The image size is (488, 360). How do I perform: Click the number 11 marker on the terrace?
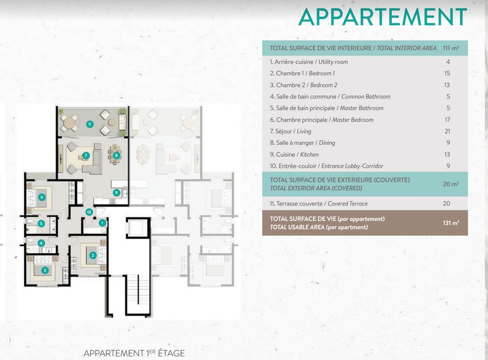(90, 124)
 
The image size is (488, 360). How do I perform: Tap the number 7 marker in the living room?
(86, 156)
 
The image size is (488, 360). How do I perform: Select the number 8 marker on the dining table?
(116, 156)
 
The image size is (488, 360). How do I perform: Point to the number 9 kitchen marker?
(116, 193)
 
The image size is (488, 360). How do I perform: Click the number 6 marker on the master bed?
(42, 197)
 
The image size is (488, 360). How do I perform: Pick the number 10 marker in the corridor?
(89, 212)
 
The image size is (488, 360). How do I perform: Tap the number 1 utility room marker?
(102, 223)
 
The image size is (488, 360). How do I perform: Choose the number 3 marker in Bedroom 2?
(45, 270)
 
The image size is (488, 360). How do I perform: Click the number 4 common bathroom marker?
(41, 243)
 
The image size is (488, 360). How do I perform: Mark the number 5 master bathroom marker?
(41, 224)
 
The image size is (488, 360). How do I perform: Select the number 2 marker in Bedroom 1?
(93, 255)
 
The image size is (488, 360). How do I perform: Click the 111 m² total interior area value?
(451, 48)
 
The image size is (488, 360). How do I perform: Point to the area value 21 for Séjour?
(447, 131)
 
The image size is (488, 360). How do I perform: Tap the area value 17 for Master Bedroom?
(447, 120)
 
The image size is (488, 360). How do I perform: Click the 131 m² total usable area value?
(451, 223)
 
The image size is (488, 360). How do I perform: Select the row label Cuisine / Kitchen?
(294, 155)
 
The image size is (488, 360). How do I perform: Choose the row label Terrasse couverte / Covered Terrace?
(319, 204)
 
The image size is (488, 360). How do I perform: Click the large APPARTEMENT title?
(383, 17)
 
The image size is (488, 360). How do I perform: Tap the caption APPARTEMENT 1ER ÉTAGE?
(134, 353)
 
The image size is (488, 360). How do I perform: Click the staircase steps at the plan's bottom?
(139, 294)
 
